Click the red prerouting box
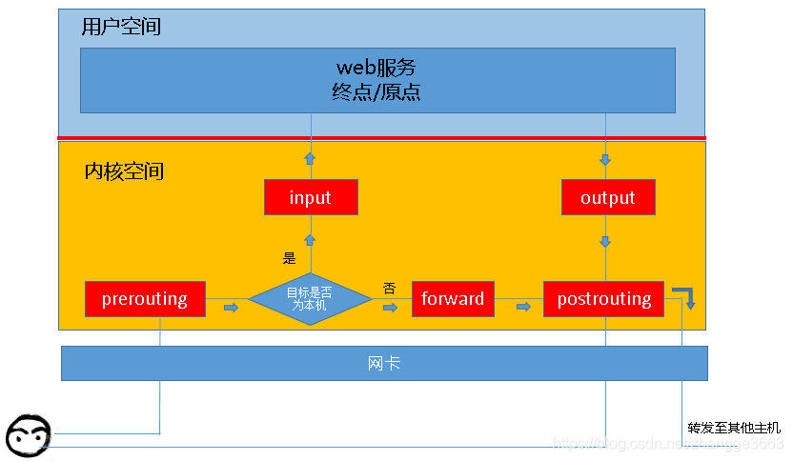click(145, 298)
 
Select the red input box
click(311, 197)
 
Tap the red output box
click(607, 197)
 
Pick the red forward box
click(453, 298)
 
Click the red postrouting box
click(604, 298)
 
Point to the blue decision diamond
click(311, 298)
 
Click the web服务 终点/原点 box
click(377, 80)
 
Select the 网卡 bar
click(384, 363)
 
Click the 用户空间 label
click(121, 27)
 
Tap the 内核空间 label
click(124, 171)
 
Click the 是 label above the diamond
click(290, 257)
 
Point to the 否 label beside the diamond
click(389, 287)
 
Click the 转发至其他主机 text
click(733, 427)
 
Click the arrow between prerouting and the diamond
click(231, 307)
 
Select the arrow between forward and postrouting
click(523, 307)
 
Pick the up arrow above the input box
click(310, 158)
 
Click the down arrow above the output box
click(606, 159)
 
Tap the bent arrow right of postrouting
click(684, 296)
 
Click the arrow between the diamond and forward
click(390, 307)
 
